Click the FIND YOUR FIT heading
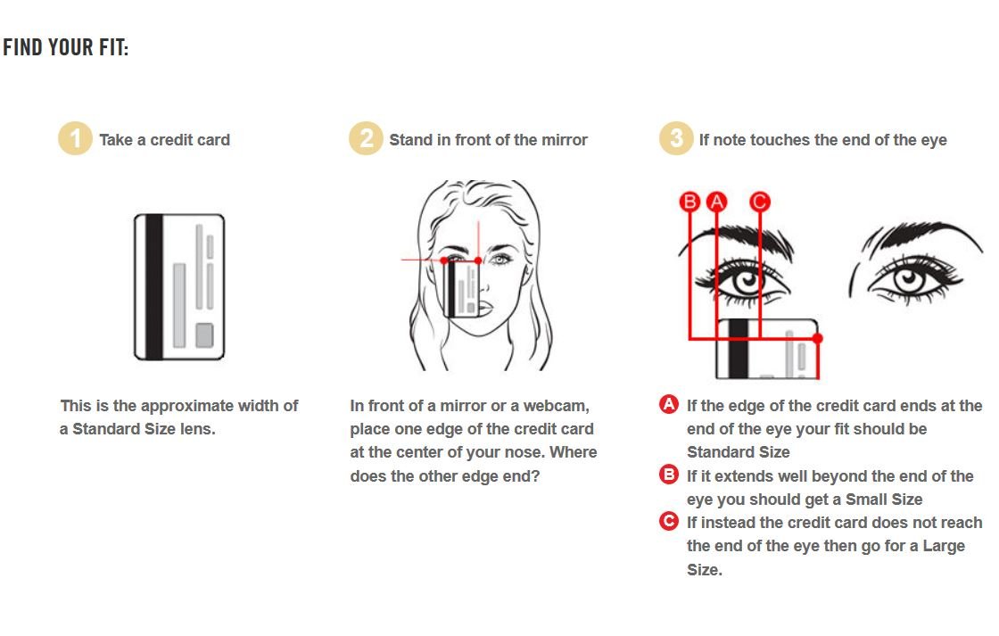click(x=66, y=48)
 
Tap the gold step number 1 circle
click(x=75, y=138)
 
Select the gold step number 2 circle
click(x=366, y=138)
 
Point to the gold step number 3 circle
click(x=676, y=138)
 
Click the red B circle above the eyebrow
click(x=689, y=202)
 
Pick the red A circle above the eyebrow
click(x=717, y=202)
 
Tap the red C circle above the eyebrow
click(x=759, y=202)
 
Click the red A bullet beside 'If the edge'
click(x=669, y=404)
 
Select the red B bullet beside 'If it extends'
click(x=669, y=475)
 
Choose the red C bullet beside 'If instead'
click(x=669, y=521)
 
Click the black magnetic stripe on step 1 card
click(x=155, y=286)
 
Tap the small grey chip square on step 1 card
click(x=204, y=335)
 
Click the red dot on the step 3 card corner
click(x=817, y=338)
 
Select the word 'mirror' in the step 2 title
click(x=565, y=139)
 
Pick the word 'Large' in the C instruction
click(x=944, y=546)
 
